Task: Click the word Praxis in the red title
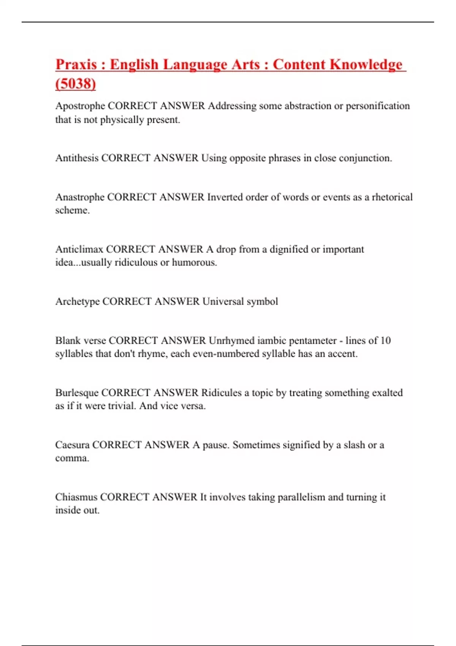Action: click(x=76, y=64)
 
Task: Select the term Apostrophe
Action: click(x=80, y=106)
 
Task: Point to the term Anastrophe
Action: click(x=80, y=197)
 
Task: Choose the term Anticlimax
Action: click(x=79, y=249)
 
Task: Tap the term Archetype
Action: click(x=78, y=301)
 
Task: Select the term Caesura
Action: click(x=72, y=445)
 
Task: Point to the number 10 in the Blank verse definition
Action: click(x=385, y=340)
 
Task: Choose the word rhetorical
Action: click(x=392, y=197)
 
